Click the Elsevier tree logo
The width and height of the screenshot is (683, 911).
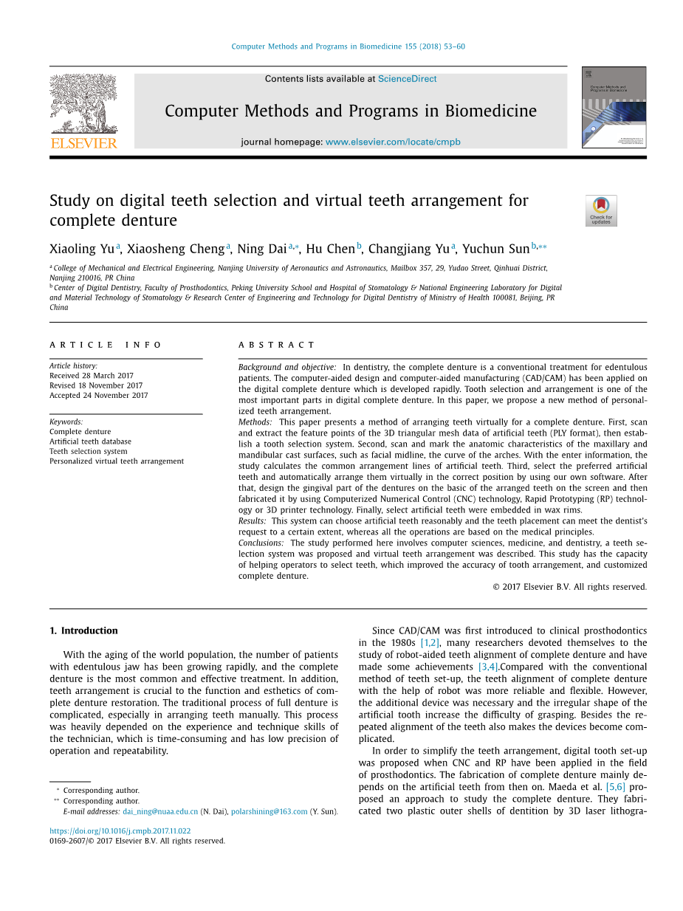pos(83,111)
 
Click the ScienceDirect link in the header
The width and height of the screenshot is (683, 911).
pos(407,79)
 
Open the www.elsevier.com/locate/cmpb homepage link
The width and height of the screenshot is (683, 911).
pos(392,142)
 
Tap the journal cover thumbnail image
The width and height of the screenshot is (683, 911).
pos(614,108)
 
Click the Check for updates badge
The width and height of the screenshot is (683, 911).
pos(601,210)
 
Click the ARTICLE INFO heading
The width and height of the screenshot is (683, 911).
pos(106,345)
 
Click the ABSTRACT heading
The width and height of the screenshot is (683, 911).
pos(277,345)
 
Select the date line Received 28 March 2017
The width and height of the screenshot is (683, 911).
pos(92,376)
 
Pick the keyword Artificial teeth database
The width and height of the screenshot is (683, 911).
pos(90,441)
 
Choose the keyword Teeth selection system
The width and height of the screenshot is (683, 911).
pos(89,451)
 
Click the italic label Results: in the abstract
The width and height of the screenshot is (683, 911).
pos(252,521)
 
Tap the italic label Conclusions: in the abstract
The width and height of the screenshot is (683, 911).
pos(261,543)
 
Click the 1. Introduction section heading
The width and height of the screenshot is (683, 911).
pos(83,630)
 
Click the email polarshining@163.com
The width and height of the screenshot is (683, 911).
pos(269,811)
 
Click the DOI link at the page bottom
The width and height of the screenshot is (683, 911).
pos(120,831)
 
